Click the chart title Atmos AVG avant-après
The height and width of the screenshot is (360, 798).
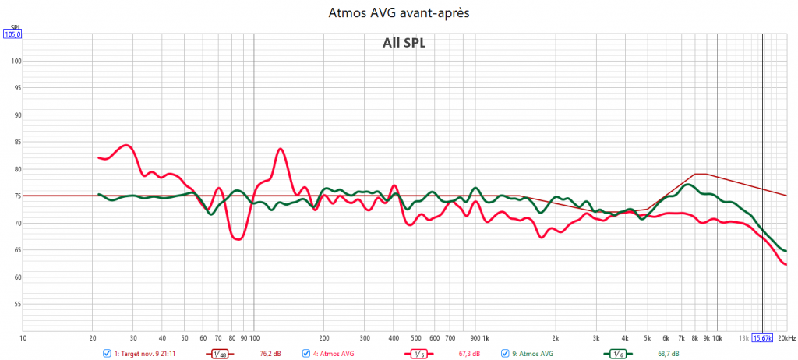[x=398, y=13]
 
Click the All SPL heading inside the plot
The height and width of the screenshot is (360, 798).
[x=398, y=43]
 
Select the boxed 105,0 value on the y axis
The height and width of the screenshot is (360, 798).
[x=12, y=34]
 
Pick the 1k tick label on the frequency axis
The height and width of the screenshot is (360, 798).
[x=486, y=339]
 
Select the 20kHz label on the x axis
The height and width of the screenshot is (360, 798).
[x=786, y=339]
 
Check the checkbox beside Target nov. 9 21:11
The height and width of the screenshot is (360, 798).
[x=107, y=354]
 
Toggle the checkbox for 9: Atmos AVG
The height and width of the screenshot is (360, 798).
[x=505, y=354]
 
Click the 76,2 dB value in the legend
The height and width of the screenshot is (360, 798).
[x=270, y=354]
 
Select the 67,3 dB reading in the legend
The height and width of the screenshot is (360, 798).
[x=469, y=354]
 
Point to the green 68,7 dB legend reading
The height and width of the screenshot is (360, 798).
[x=669, y=354]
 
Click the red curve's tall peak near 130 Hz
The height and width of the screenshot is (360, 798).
[x=281, y=149]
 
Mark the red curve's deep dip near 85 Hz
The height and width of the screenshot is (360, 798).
[x=238, y=239]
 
